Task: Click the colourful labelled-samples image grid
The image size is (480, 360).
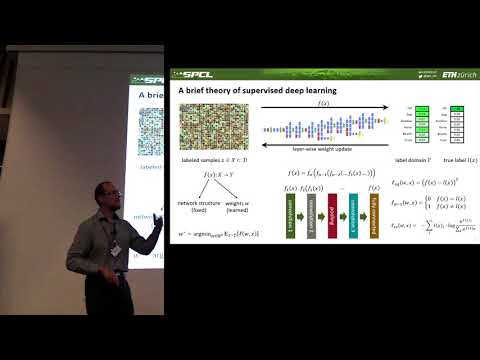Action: (205, 127)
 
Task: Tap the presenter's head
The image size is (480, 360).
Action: (108, 195)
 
